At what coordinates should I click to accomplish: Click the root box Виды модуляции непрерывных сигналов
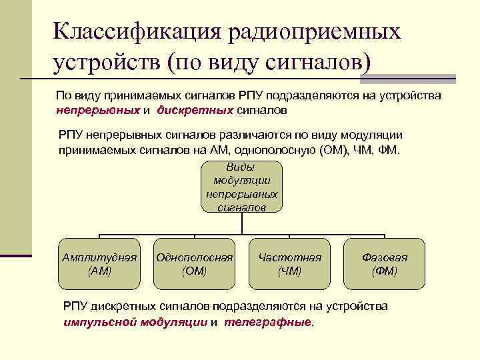point(241,187)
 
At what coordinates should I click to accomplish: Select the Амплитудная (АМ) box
point(99,264)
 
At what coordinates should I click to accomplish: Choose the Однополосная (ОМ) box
point(194,264)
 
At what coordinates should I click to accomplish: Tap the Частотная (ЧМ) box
point(289,264)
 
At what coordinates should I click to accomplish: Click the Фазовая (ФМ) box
point(385,264)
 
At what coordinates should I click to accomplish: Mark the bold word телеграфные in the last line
point(268,322)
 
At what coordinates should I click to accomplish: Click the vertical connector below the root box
point(241,224)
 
